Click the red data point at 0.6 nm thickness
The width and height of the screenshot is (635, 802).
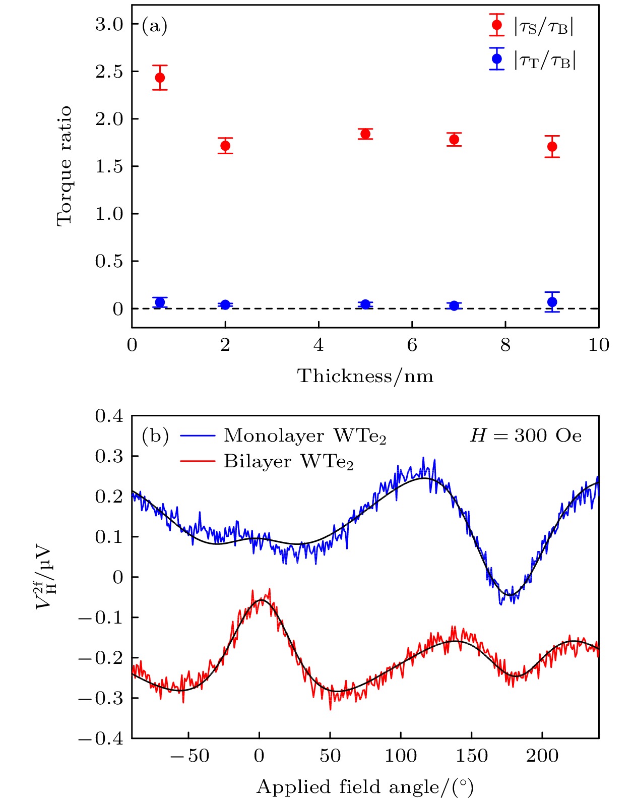tap(160, 78)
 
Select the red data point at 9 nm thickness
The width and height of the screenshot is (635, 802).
tap(552, 147)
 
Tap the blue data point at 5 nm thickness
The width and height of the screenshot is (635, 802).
tap(365, 304)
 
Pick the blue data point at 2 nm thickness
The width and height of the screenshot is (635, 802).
tap(225, 304)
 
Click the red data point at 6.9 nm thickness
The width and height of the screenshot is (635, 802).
tap(454, 139)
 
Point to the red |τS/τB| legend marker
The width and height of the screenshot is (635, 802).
tap(497, 25)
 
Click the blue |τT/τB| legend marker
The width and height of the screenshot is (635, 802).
tap(497, 59)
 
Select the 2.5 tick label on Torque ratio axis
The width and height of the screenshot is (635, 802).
tap(109, 72)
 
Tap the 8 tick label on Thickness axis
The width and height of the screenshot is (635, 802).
tap(505, 345)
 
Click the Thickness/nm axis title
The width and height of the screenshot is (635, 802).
tap(365, 376)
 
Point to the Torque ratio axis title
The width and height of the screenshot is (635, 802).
tap(64, 166)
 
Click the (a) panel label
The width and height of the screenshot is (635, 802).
tap(154, 25)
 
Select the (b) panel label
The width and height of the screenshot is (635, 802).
tap(155, 436)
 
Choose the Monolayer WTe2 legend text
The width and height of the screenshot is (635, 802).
tap(305, 436)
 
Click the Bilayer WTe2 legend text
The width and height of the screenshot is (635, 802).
tap(288, 462)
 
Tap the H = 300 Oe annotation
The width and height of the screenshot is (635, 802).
tap(526, 436)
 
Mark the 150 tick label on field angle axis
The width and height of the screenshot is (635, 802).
tap(472, 756)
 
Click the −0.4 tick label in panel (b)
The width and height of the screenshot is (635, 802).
tap(101, 738)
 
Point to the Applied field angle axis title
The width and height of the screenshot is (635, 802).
tap(365, 787)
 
